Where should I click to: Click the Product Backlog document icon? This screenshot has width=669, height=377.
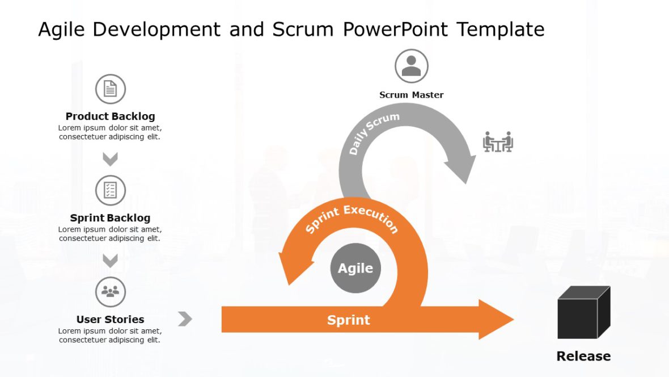click(111, 89)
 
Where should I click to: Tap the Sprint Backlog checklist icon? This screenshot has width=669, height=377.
click(111, 190)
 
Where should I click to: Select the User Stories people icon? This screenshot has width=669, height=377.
click(111, 292)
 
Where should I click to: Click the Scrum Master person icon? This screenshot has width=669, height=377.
click(411, 66)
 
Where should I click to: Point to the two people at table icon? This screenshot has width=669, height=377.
click(498, 142)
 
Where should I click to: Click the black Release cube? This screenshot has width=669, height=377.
click(583, 312)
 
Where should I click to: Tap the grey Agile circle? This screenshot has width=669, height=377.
click(355, 269)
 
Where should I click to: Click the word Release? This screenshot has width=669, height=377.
click(583, 357)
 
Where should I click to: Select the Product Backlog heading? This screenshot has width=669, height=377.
click(110, 116)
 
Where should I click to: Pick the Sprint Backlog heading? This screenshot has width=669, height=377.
click(110, 218)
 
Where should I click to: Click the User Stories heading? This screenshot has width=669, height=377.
click(110, 320)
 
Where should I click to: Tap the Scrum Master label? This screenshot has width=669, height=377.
click(411, 95)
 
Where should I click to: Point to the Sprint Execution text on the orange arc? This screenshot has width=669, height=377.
click(352, 219)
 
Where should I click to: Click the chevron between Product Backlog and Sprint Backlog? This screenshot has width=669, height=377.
click(110, 159)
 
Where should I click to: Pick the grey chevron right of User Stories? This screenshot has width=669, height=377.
click(185, 319)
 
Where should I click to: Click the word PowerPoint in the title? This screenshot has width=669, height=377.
click(396, 29)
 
